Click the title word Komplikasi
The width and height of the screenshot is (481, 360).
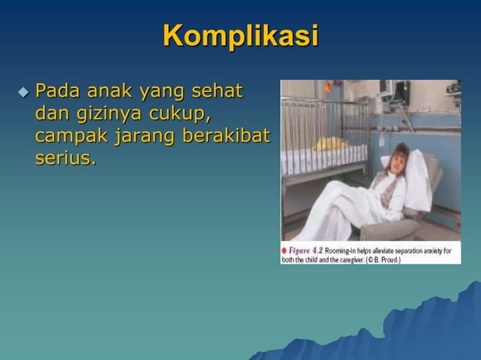coord(240,35)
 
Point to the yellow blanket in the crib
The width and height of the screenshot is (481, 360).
coord(329,144)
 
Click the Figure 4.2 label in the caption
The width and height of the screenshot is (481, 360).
coord(305,249)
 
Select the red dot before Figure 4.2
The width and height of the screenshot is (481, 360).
coord(284,249)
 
